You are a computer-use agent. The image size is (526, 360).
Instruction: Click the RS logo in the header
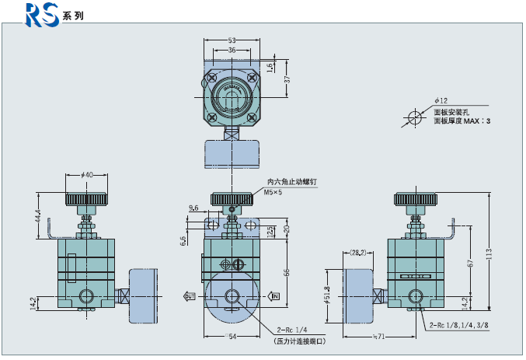[43, 14]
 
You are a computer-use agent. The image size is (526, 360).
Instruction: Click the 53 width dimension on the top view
[232, 40]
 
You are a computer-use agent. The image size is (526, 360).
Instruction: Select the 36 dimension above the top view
[232, 50]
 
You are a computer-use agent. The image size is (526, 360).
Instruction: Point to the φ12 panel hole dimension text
[441, 100]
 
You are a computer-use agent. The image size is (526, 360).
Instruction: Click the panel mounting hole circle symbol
[413, 119]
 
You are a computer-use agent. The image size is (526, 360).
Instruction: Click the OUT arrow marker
[190, 295]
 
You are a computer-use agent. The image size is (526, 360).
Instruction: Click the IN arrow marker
[274, 295]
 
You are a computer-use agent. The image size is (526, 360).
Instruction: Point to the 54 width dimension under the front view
[231, 337]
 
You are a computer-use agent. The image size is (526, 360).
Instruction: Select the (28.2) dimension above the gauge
[357, 252]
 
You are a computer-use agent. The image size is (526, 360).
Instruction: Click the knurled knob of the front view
[231, 199]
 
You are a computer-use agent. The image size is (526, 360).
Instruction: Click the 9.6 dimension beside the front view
[194, 208]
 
